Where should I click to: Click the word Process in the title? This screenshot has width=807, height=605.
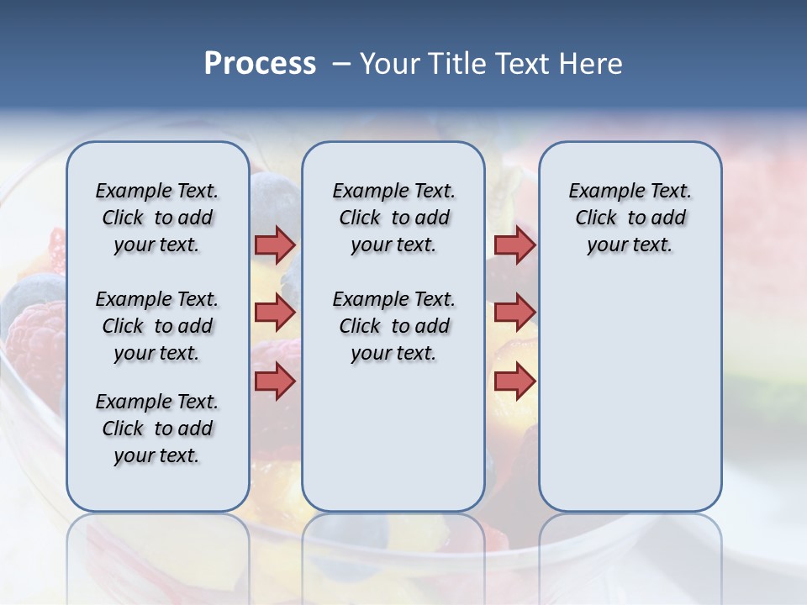tap(260, 64)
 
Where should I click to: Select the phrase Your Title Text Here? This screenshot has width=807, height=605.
tap(491, 64)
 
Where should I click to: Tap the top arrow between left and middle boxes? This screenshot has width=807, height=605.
tap(275, 245)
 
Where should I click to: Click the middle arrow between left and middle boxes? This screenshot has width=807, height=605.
tap(275, 313)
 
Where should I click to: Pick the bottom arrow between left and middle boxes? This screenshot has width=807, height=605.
tap(275, 381)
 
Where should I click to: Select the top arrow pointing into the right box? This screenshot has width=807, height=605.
tap(514, 245)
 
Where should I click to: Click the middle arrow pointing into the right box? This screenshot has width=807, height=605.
tap(514, 313)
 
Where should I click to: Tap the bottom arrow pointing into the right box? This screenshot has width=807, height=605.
tap(514, 381)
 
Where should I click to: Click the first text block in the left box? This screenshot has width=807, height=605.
tap(157, 218)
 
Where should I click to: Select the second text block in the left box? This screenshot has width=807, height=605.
tap(157, 326)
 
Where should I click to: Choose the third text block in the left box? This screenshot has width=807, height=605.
tap(157, 429)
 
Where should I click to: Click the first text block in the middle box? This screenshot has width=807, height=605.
tap(393, 218)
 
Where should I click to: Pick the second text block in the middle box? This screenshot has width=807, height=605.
tap(393, 326)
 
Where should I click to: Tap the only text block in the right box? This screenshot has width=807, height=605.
tap(630, 218)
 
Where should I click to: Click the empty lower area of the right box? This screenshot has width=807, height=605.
tap(630, 395)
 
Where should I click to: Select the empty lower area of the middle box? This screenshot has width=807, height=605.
tap(393, 437)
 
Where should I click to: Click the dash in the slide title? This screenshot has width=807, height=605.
tap(341, 64)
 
